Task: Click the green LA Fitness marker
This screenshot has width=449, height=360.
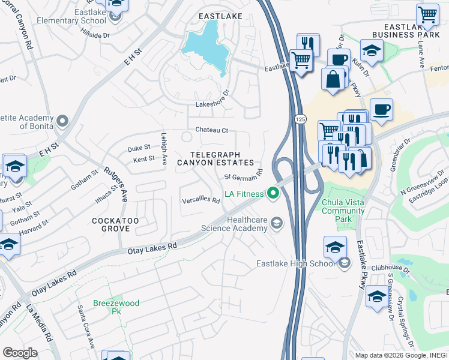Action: point(274,193)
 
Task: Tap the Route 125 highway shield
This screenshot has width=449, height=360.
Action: point(298,120)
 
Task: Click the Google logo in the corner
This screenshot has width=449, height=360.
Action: point(20,353)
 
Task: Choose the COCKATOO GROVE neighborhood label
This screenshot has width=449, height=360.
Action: point(115,225)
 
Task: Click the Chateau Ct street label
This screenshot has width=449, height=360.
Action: point(212,130)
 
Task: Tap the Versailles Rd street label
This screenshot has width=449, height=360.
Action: point(201,201)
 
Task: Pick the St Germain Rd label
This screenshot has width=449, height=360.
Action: point(244,175)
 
